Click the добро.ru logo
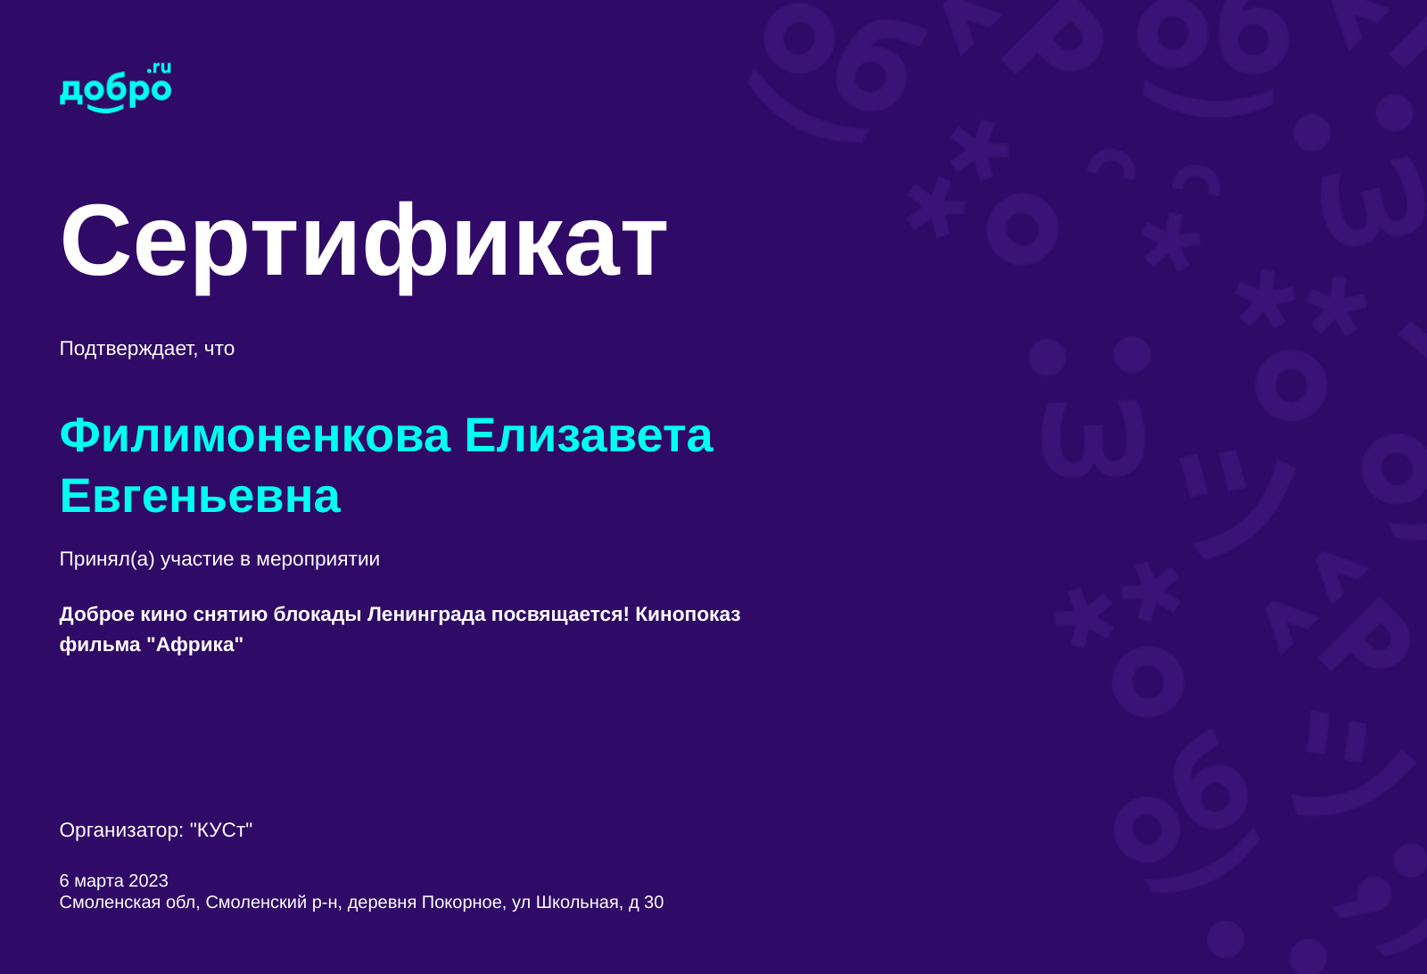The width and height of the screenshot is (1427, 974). tap(115, 87)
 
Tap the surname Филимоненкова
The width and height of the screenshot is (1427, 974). tap(255, 436)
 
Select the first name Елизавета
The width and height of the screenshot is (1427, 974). tap(589, 436)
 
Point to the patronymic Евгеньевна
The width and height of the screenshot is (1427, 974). tap(200, 497)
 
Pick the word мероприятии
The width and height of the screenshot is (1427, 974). tap(318, 559)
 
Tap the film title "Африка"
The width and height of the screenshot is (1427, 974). tap(195, 645)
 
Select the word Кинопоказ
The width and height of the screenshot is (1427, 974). tap(688, 614)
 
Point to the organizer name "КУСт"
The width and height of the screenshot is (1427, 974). tap(221, 830)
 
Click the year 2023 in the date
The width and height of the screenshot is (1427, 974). tap(148, 880)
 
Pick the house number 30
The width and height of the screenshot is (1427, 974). tap(654, 903)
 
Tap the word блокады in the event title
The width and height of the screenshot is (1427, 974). tap(318, 615)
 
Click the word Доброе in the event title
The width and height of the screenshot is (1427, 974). tap(97, 615)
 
